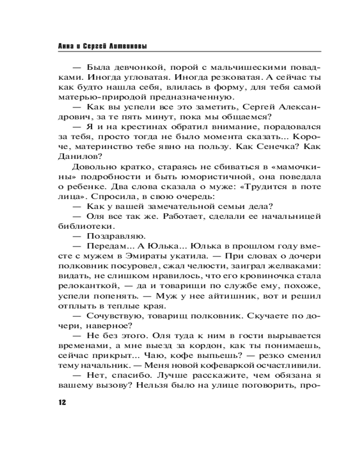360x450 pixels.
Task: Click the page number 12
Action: [62, 402]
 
